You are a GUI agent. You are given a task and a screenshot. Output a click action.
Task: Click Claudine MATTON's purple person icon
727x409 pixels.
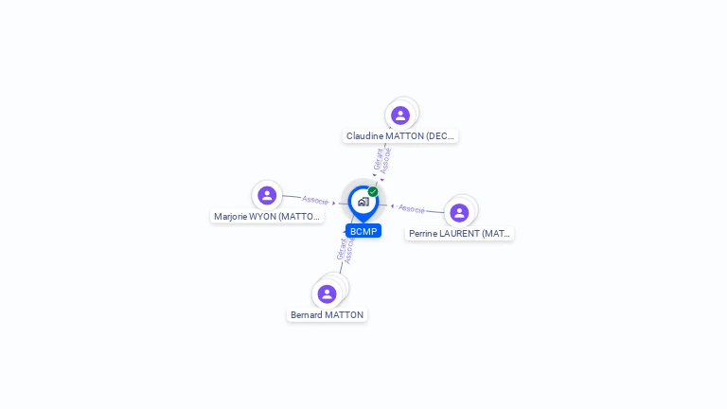pyautogui.click(x=400, y=116)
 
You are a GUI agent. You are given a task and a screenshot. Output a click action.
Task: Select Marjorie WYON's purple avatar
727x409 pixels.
pyautogui.click(x=267, y=195)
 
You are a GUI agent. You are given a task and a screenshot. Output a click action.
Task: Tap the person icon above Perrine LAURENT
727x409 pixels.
pyautogui.click(x=459, y=213)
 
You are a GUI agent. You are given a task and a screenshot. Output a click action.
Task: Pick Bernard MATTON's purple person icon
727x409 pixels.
pyautogui.click(x=327, y=293)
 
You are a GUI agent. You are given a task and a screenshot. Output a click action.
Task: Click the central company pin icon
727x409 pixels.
pyautogui.click(x=363, y=202)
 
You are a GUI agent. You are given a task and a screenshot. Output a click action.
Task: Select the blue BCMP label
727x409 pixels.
pyautogui.click(x=363, y=231)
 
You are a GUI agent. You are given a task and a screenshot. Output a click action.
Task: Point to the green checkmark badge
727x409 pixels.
pyautogui.click(x=373, y=191)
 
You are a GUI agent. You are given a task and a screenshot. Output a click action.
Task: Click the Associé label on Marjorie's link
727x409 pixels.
pyautogui.click(x=315, y=200)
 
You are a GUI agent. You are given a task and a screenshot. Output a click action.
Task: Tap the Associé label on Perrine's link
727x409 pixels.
pyautogui.click(x=412, y=208)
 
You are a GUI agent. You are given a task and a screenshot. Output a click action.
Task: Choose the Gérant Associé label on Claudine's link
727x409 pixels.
pyautogui.click(x=382, y=159)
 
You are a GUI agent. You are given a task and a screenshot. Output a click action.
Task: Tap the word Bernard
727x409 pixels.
pyautogui.click(x=307, y=315)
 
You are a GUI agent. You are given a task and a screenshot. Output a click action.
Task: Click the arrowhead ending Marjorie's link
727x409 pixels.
pyautogui.click(x=334, y=203)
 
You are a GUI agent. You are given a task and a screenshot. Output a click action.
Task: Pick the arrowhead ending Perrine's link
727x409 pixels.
pyautogui.click(x=392, y=205)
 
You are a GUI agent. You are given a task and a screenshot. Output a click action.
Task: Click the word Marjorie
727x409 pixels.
pyautogui.click(x=231, y=217)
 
